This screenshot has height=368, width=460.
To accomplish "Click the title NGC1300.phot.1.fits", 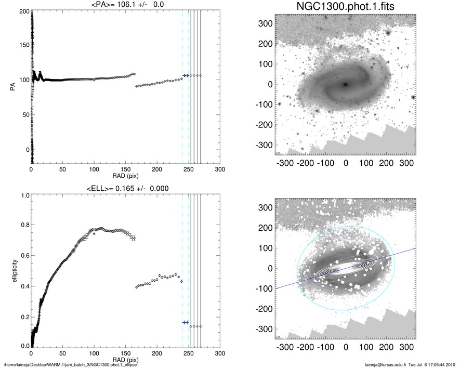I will (346, 7).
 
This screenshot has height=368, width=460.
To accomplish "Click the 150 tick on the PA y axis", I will (22, 45).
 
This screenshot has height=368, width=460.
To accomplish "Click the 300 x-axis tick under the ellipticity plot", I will (220, 353).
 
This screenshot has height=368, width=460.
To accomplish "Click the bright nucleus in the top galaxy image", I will (346, 84).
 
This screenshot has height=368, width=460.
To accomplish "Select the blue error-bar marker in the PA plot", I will (186, 75).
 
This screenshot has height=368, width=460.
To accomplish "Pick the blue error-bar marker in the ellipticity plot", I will (186, 322).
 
